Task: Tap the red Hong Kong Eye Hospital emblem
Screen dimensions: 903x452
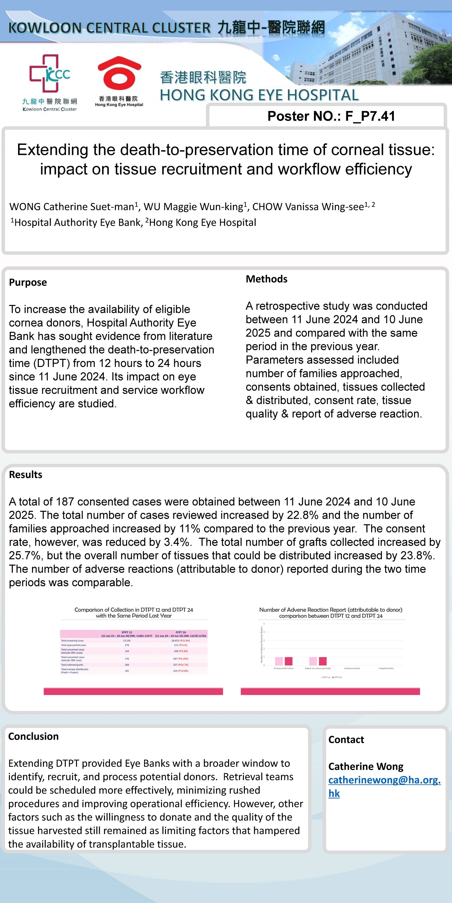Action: tap(119, 74)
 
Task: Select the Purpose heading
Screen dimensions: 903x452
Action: tap(28, 282)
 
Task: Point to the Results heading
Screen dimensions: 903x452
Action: tap(26, 475)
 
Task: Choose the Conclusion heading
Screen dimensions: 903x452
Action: tap(33, 736)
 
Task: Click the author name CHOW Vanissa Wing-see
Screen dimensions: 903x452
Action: tap(308, 207)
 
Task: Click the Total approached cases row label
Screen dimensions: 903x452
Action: tap(73, 645)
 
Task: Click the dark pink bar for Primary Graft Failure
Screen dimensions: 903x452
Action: tap(288, 661)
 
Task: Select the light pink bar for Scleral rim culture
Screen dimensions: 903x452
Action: tap(313, 661)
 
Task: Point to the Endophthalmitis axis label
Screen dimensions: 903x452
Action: tap(386, 669)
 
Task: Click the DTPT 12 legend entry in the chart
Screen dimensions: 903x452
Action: tap(325, 677)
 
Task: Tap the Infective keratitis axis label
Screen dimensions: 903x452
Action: tap(352, 669)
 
